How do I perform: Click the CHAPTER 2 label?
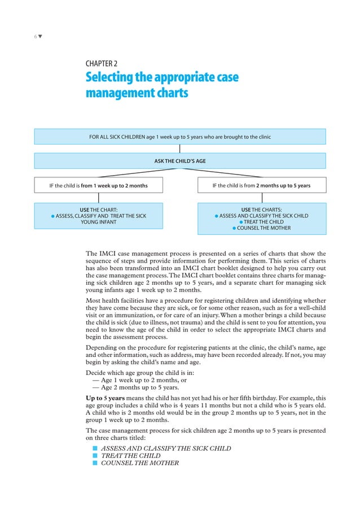(101, 64)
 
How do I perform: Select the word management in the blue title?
(115, 92)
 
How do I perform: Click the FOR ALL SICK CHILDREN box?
(179, 137)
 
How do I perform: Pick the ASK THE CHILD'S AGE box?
(179, 161)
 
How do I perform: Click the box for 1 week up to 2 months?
(99, 185)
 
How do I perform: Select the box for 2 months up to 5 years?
(261, 185)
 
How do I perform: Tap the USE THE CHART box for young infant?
(99, 216)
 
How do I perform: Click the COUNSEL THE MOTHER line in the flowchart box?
(264, 228)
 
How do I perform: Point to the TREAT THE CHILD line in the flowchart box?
(264, 222)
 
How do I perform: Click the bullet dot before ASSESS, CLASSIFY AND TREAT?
(52, 216)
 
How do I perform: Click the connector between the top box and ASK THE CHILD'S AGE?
(179, 149)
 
